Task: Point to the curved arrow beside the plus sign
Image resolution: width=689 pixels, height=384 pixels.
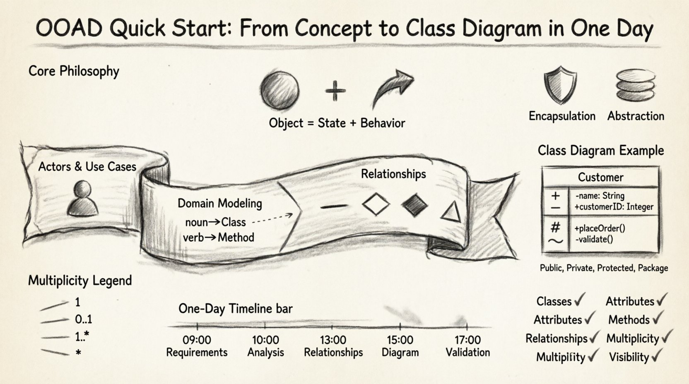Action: (392, 88)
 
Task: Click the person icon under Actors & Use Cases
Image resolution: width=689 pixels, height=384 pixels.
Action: (82, 198)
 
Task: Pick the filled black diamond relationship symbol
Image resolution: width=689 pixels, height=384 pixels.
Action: (415, 204)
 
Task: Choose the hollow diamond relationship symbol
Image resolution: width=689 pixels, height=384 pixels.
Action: (376, 204)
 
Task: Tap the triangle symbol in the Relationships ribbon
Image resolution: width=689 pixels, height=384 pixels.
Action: (451, 211)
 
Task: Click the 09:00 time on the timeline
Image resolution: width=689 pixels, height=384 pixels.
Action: (197, 340)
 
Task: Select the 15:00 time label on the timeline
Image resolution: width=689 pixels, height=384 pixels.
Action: (400, 340)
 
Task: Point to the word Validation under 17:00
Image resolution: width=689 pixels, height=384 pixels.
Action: (467, 353)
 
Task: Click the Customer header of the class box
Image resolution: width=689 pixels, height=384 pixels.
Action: (600, 177)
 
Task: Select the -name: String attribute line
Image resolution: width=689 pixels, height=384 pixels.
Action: (600, 196)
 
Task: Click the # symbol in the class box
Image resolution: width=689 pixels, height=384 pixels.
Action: (556, 227)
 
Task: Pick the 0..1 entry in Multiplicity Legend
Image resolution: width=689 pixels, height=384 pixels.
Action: (84, 319)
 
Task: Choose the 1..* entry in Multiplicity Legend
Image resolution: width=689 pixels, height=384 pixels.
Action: (82, 336)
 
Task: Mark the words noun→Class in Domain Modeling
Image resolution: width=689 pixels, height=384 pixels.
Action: (215, 222)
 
